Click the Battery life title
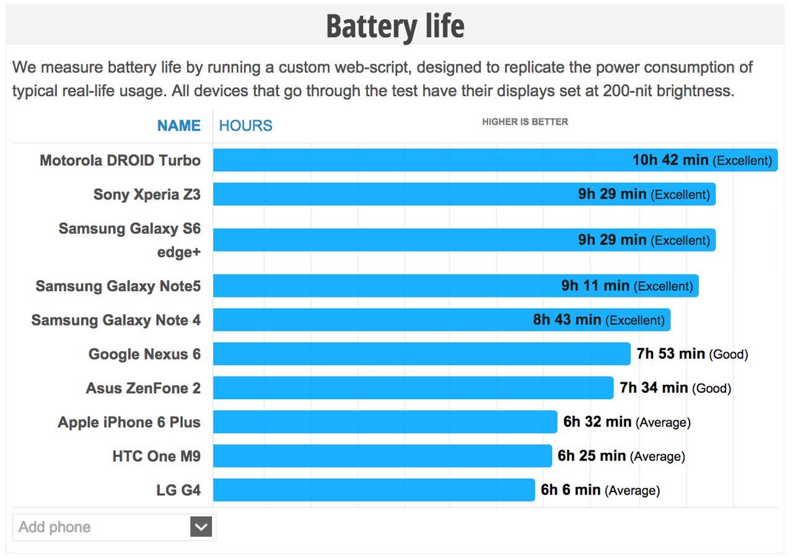pos(395,26)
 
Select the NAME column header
pos(178,126)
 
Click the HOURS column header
pos(245,126)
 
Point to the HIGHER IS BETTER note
pos(525,122)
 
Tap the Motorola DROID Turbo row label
pos(120,161)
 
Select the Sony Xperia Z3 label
pos(147,195)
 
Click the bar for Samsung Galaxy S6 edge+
pos(396,240)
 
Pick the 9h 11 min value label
pos(595,286)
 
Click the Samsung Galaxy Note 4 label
pos(116,320)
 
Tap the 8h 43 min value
pos(567,320)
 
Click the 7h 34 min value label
pos(654,388)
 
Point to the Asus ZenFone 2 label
pos(143,389)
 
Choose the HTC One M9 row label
pos(156,457)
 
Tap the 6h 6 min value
pos(571,490)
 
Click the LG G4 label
pos(178,491)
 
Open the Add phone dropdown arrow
pos(201,527)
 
